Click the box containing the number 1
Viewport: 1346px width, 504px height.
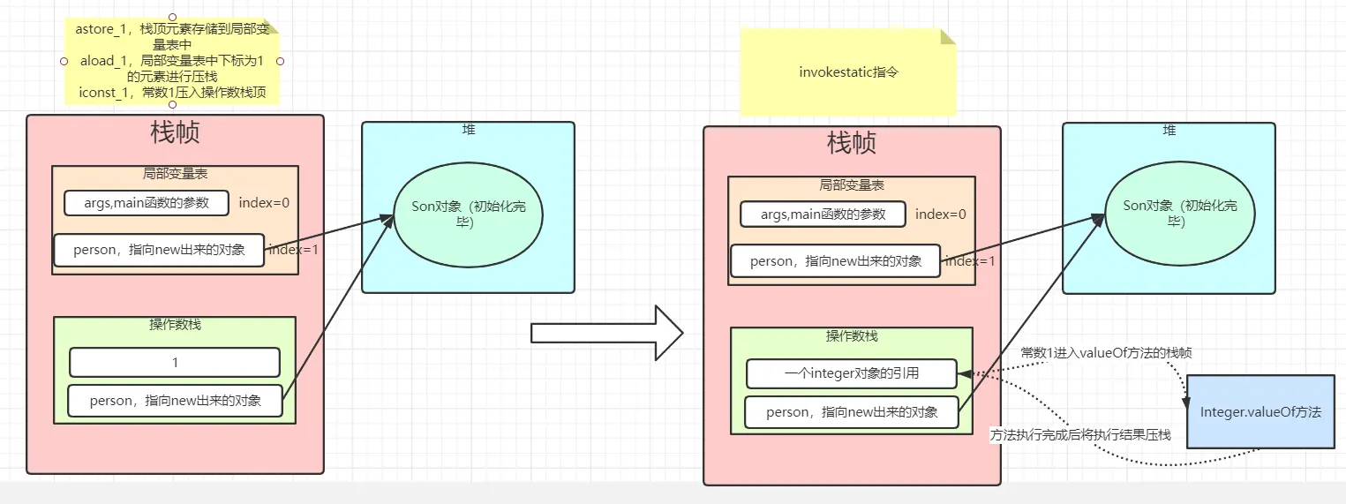(x=175, y=363)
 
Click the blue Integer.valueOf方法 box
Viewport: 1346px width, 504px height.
(x=1260, y=412)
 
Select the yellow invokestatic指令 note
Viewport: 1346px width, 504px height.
(x=847, y=72)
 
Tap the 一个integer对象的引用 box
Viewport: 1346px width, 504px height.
(x=852, y=373)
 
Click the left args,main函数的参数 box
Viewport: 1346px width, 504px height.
(x=147, y=202)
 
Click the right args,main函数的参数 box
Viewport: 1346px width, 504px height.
(x=823, y=214)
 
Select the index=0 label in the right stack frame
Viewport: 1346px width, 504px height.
(x=940, y=214)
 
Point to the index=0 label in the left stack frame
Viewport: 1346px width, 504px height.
(x=264, y=202)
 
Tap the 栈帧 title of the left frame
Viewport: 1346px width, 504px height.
(x=175, y=132)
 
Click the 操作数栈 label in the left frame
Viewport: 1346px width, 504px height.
(x=175, y=324)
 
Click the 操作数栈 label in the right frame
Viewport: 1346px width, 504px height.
(x=852, y=336)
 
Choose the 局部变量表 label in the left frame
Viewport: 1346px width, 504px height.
(x=175, y=174)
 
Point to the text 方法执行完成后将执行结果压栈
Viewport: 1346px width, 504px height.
(x=1080, y=435)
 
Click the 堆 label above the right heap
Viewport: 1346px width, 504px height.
(x=1169, y=130)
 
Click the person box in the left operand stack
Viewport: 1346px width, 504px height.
(x=176, y=400)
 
